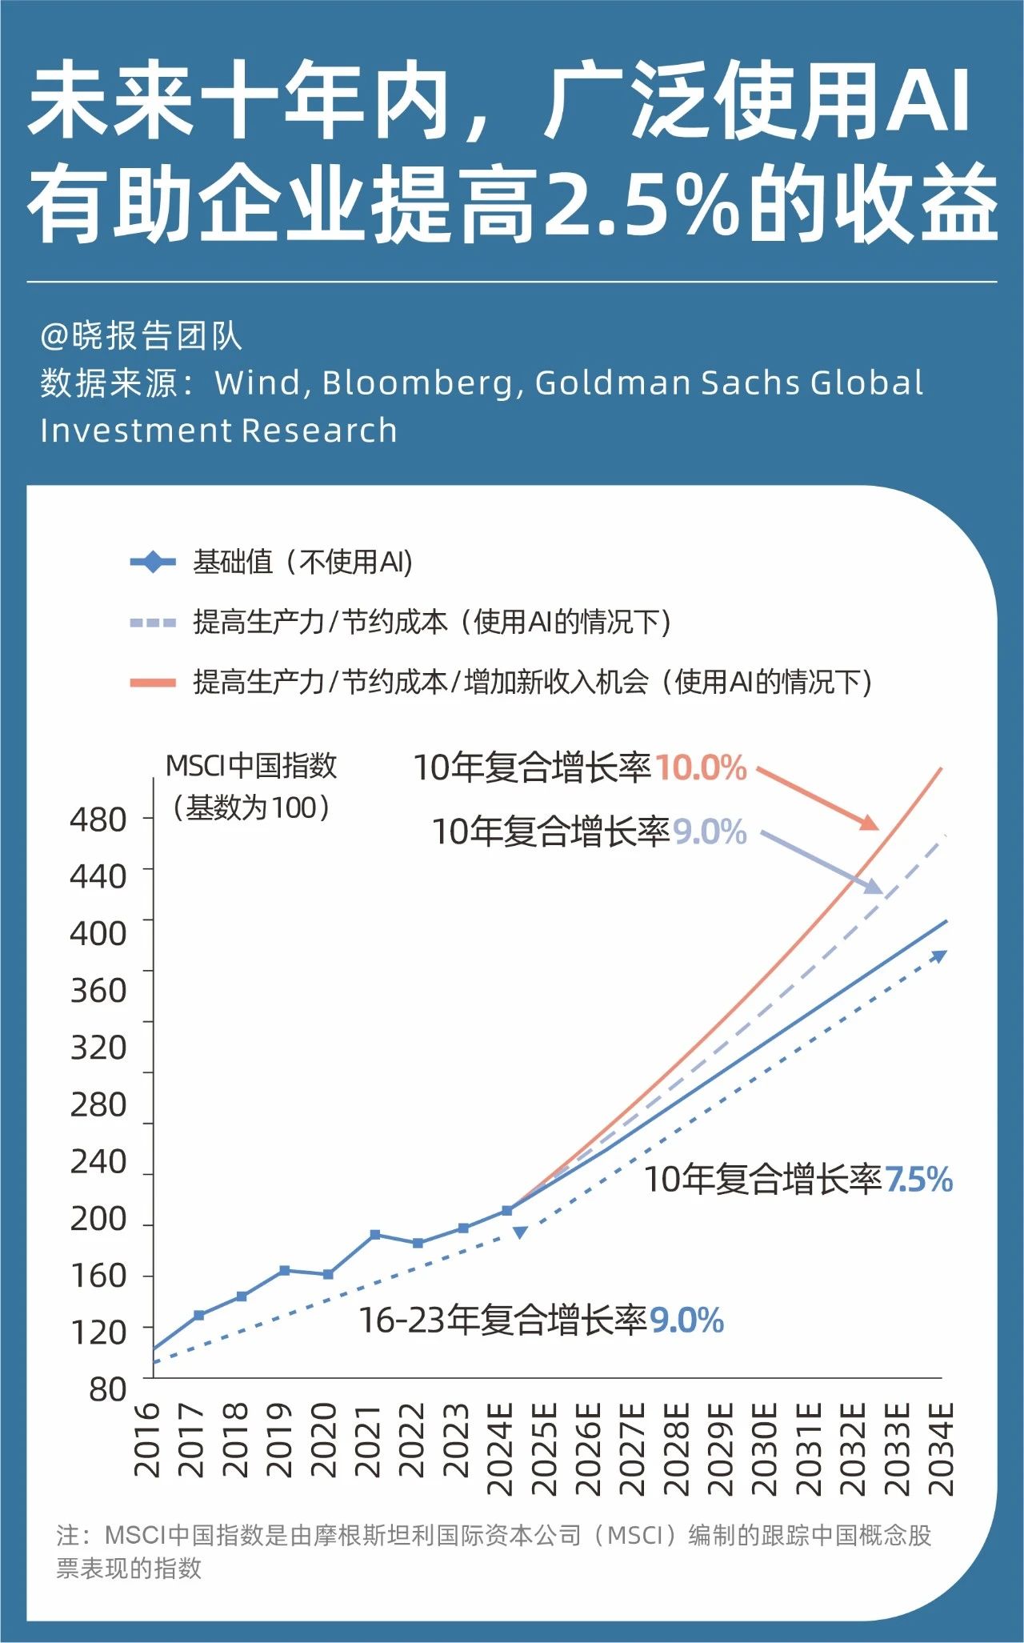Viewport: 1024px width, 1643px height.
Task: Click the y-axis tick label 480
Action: click(x=98, y=820)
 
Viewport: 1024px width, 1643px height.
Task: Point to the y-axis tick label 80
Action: click(x=107, y=1390)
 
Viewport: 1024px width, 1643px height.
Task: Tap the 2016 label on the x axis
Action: click(x=148, y=1439)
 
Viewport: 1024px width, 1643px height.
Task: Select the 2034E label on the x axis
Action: click(x=941, y=1449)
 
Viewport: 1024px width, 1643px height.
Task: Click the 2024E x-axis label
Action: click(x=501, y=1449)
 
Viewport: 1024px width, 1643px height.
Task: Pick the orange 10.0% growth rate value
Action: click(x=701, y=768)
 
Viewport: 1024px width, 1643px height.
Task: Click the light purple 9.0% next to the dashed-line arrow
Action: click(x=709, y=832)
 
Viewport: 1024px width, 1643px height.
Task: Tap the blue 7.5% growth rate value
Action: click(x=918, y=1180)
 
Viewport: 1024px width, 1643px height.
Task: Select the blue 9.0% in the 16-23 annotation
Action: click(x=686, y=1320)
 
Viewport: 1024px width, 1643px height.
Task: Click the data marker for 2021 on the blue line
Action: click(x=375, y=1235)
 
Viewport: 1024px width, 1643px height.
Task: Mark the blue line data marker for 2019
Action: click(x=284, y=1270)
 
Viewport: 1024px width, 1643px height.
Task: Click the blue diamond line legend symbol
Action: click(x=153, y=563)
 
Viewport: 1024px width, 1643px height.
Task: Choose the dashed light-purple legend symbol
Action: click(x=153, y=623)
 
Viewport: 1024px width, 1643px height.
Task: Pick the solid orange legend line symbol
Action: click(x=153, y=683)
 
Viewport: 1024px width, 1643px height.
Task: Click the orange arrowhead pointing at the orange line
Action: click(x=870, y=824)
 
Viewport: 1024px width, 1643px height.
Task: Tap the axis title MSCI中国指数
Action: click(x=250, y=766)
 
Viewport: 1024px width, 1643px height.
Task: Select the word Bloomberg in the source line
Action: click(x=416, y=383)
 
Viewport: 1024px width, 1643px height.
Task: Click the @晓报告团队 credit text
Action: click(x=141, y=336)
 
